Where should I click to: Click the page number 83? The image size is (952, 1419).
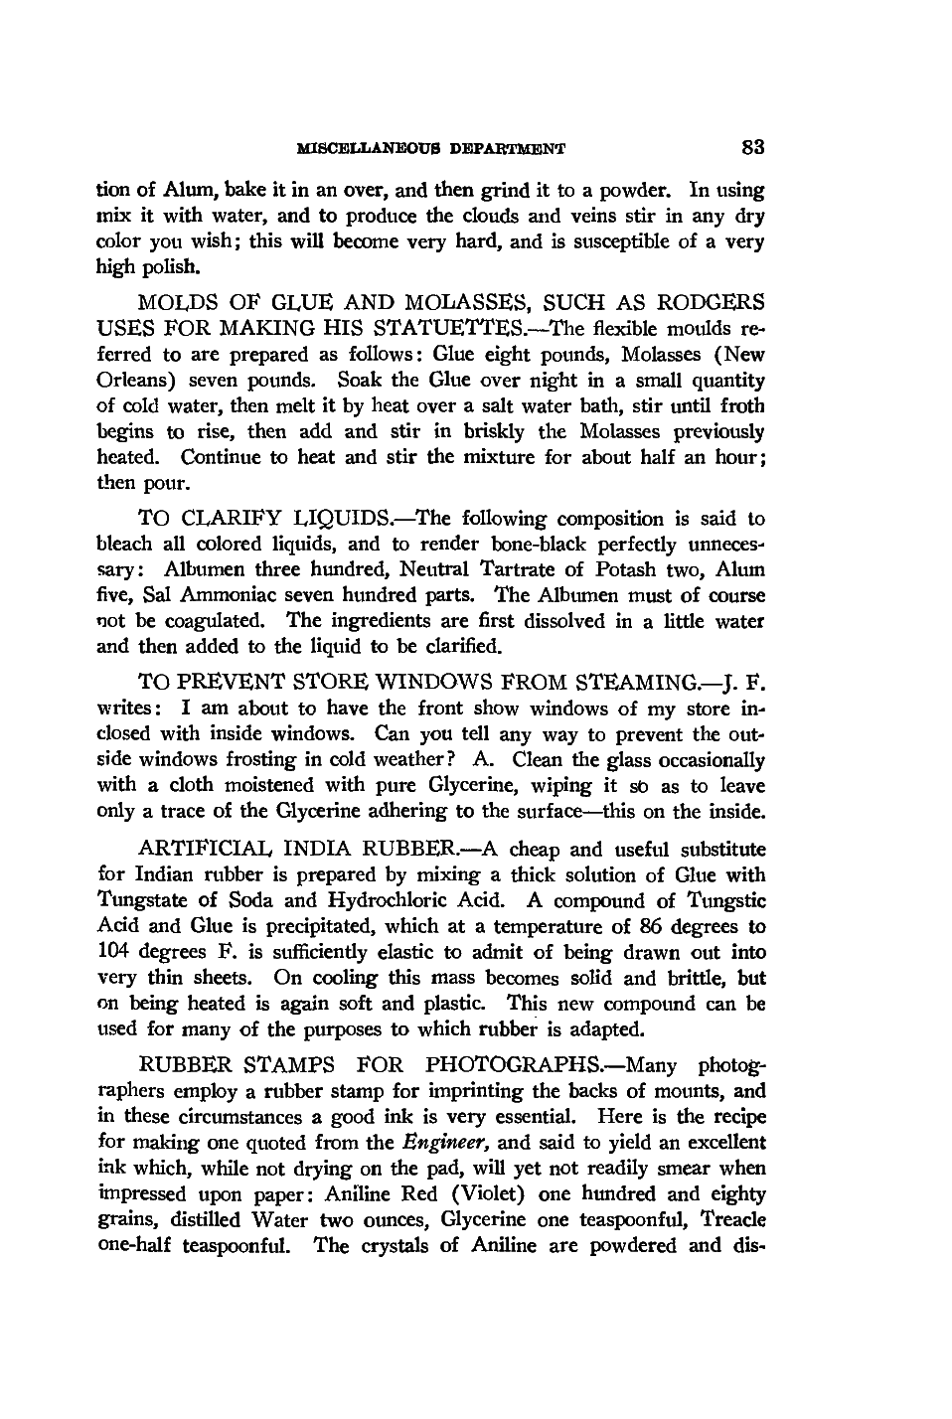(752, 148)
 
